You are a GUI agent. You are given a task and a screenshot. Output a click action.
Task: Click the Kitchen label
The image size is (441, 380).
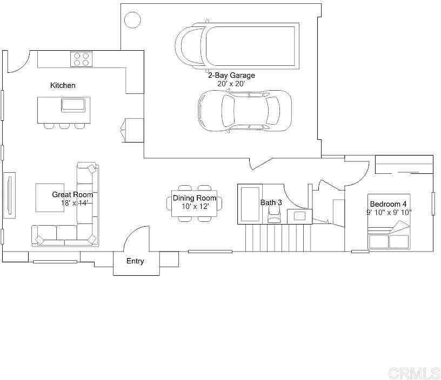pyautogui.click(x=63, y=85)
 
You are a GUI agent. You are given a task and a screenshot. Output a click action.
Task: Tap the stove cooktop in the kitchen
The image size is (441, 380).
pyautogui.click(x=81, y=59)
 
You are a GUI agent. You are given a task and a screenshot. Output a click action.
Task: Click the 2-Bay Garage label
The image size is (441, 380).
pyautogui.click(x=231, y=76)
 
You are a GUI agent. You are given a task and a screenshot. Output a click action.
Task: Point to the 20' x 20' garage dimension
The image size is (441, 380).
pyautogui.click(x=231, y=84)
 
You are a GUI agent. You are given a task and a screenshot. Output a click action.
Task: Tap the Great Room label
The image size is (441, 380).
pyautogui.click(x=72, y=194)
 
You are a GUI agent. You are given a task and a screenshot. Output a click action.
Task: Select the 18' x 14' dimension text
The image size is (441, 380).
pyautogui.click(x=74, y=203)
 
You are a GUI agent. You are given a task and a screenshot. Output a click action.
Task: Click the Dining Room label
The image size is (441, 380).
pyautogui.click(x=195, y=198)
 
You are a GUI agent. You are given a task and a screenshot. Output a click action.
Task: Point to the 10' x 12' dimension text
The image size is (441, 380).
pyautogui.click(x=195, y=206)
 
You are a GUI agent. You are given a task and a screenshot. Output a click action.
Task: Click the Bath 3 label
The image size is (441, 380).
pyautogui.click(x=271, y=202)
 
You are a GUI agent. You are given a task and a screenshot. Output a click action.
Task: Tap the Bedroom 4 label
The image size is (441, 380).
pyautogui.click(x=388, y=204)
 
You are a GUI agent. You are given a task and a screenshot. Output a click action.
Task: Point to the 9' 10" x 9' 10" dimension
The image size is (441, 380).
pyautogui.click(x=389, y=212)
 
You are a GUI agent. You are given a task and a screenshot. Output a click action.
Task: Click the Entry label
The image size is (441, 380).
pyautogui.click(x=135, y=261)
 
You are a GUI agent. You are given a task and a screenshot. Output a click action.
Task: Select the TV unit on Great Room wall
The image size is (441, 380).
pyautogui.click(x=9, y=195)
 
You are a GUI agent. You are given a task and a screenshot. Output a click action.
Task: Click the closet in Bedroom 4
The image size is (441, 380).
pyautogui.click(x=404, y=165)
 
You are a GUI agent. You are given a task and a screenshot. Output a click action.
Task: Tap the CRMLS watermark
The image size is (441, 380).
pyautogui.click(x=415, y=372)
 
